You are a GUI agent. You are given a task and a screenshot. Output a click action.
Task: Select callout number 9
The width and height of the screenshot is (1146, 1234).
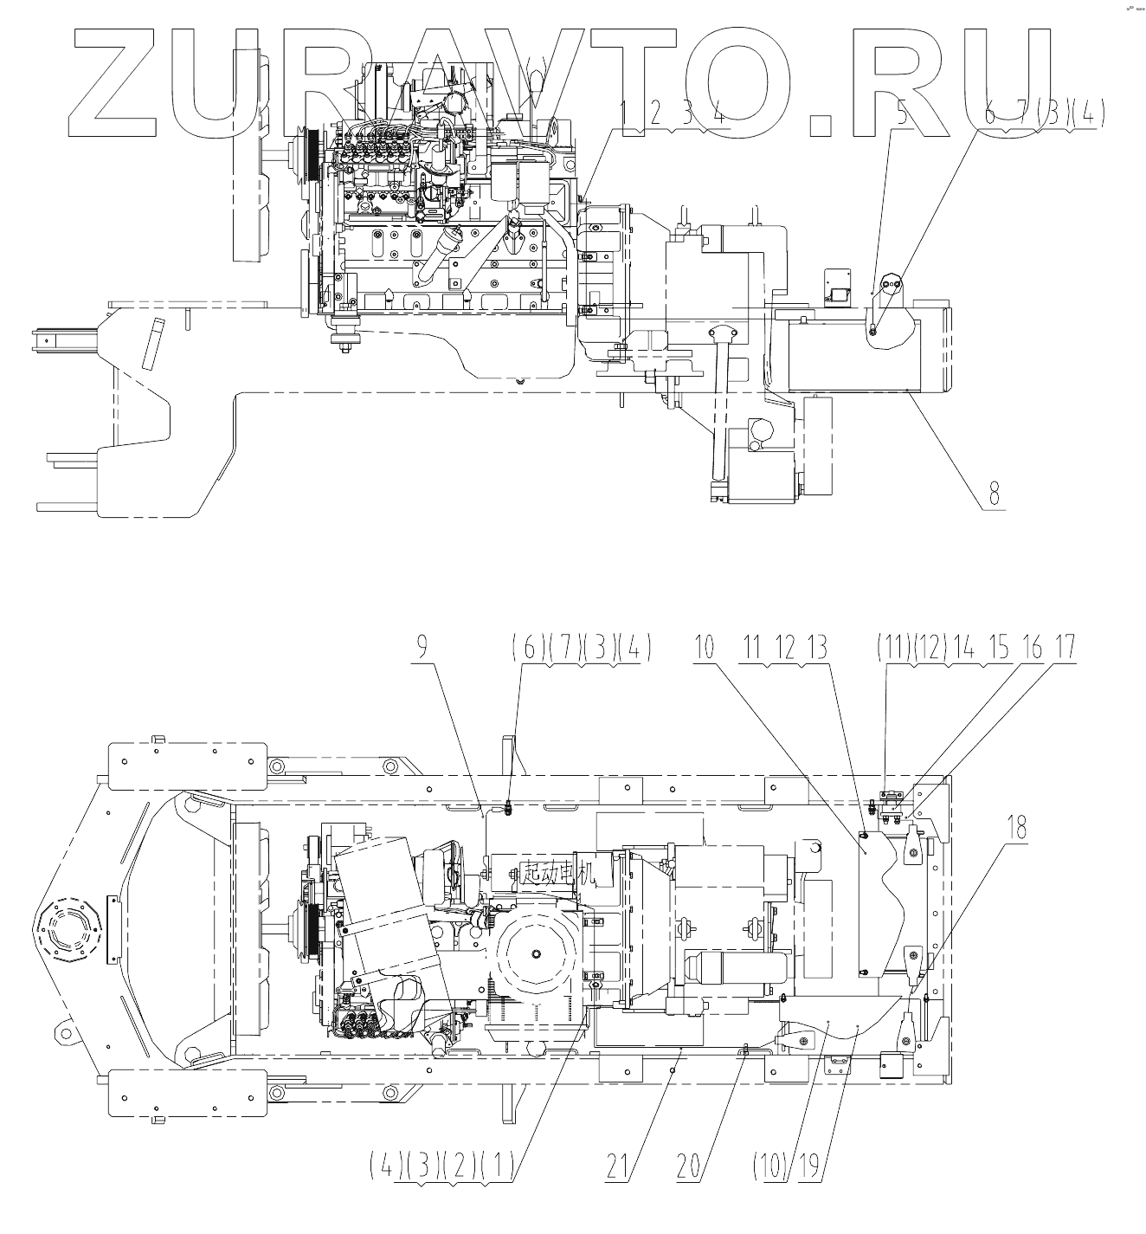[x=422, y=648]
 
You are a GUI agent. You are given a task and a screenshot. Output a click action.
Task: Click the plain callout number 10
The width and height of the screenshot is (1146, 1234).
[x=705, y=648]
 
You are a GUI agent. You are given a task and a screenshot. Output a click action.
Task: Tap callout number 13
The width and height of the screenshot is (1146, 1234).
[x=816, y=648]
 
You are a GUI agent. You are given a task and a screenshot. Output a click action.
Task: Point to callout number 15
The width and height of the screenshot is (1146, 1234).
[x=1000, y=648]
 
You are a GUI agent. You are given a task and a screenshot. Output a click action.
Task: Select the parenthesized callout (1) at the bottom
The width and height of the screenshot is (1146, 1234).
[x=497, y=1166]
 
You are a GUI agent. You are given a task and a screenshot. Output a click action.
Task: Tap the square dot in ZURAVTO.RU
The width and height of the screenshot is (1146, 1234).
[x=827, y=123]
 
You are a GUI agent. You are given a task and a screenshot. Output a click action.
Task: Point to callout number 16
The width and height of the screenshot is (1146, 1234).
[x=1033, y=648]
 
